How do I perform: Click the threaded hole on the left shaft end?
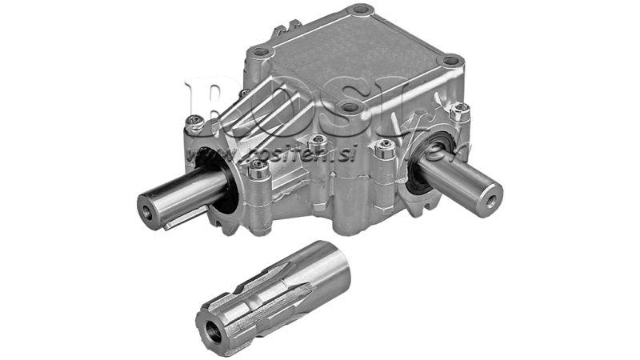(x=149, y=210)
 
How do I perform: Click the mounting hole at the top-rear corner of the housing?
(x=360, y=10)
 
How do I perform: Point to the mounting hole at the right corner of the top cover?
(x=452, y=60)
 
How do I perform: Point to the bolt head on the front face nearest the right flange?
(x=386, y=146)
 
